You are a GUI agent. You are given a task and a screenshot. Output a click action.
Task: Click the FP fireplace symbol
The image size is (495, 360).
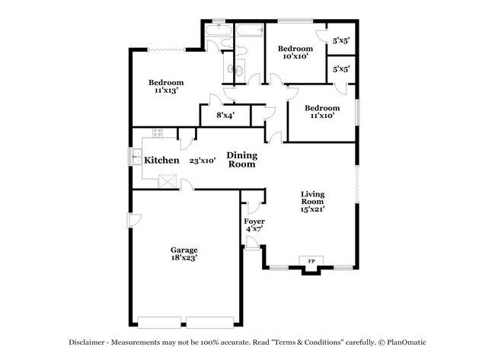pyautogui.click(x=311, y=263)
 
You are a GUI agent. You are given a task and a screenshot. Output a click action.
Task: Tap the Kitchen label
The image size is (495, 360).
pyautogui.click(x=161, y=161)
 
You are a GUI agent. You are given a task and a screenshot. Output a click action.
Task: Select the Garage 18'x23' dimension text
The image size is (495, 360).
pyautogui.click(x=184, y=259)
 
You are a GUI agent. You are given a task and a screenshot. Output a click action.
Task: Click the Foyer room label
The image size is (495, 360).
pyautogui.click(x=254, y=221)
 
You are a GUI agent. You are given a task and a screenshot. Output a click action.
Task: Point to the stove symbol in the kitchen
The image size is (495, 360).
pyautogui.click(x=158, y=132)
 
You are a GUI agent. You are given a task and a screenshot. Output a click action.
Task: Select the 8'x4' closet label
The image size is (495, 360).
pyautogui.click(x=225, y=116)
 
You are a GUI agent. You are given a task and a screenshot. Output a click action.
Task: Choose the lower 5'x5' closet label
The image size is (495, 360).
pyautogui.click(x=341, y=69)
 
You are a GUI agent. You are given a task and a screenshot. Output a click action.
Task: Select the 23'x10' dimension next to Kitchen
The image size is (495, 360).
pyautogui.click(x=203, y=161)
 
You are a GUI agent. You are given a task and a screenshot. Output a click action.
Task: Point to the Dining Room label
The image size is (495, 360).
pyautogui.click(x=241, y=160)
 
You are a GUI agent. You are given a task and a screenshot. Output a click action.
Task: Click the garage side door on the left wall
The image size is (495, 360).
pyautogui.click(x=133, y=220)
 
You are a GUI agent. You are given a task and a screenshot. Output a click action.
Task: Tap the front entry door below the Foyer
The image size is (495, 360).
pyautogui.click(x=252, y=243)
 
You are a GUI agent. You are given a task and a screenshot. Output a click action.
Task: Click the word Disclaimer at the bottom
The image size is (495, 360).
pyautogui.click(x=90, y=342)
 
